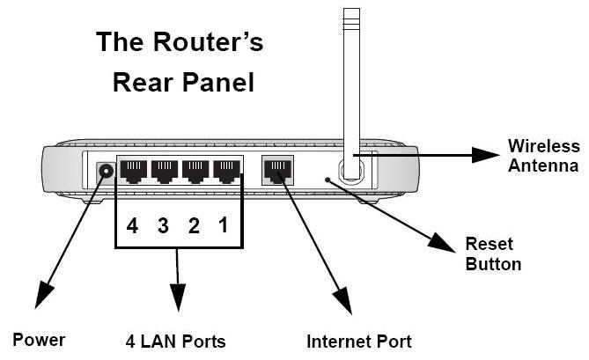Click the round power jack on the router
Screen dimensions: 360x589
[x=107, y=171]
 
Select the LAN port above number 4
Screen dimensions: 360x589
[x=134, y=170]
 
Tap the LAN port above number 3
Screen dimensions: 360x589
[x=165, y=170]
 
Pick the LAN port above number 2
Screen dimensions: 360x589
[x=195, y=170]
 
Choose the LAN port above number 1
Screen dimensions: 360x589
[x=227, y=170]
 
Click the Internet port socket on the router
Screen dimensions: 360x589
[x=277, y=170]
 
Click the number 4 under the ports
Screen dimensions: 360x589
[x=132, y=225]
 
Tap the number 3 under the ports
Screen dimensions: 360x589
[x=163, y=225]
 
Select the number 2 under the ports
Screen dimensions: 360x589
[x=194, y=225]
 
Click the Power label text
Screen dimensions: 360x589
[x=39, y=340]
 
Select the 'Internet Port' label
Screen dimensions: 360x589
[x=358, y=341]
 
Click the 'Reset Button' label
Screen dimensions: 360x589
[x=492, y=253]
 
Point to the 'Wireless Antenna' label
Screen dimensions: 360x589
[x=544, y=155]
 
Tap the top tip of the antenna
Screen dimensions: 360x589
[x=351, y=11]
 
